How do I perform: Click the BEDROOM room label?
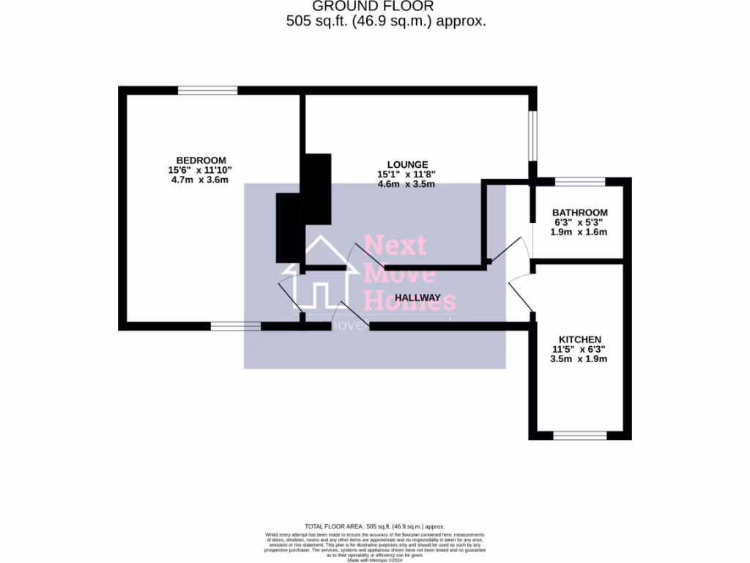[201, 161]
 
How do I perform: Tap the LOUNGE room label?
[407, 164]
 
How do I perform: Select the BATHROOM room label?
[579, 213]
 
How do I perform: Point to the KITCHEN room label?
[580, 339]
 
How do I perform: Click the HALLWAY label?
[417, 298]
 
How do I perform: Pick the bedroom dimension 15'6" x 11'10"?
[200, 170]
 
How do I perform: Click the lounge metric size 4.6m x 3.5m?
[406, 184]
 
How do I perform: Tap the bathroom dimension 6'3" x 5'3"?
[579, 222]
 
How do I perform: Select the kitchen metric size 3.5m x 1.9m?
[579, 358]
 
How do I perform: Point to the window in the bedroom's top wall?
[207, 90]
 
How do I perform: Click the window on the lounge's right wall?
[533, 135]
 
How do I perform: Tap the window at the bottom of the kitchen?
[580, 435]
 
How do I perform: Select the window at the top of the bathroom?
[580, 182]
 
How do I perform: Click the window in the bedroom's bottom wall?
[235, 326]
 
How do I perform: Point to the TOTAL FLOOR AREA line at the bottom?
[375, 526]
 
